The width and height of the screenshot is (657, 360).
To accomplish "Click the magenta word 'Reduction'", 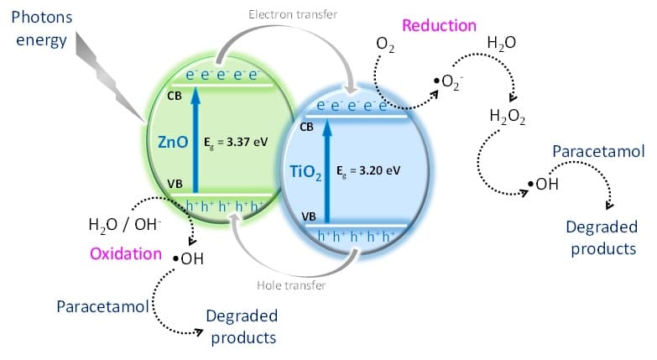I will pyautogui.click(x=439, y=25).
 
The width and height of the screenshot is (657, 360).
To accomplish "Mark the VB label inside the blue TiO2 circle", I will pyautogui.click(x=310, y=217).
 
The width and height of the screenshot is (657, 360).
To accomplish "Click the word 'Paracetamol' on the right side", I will pyautogui.click(x=597, y=152).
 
